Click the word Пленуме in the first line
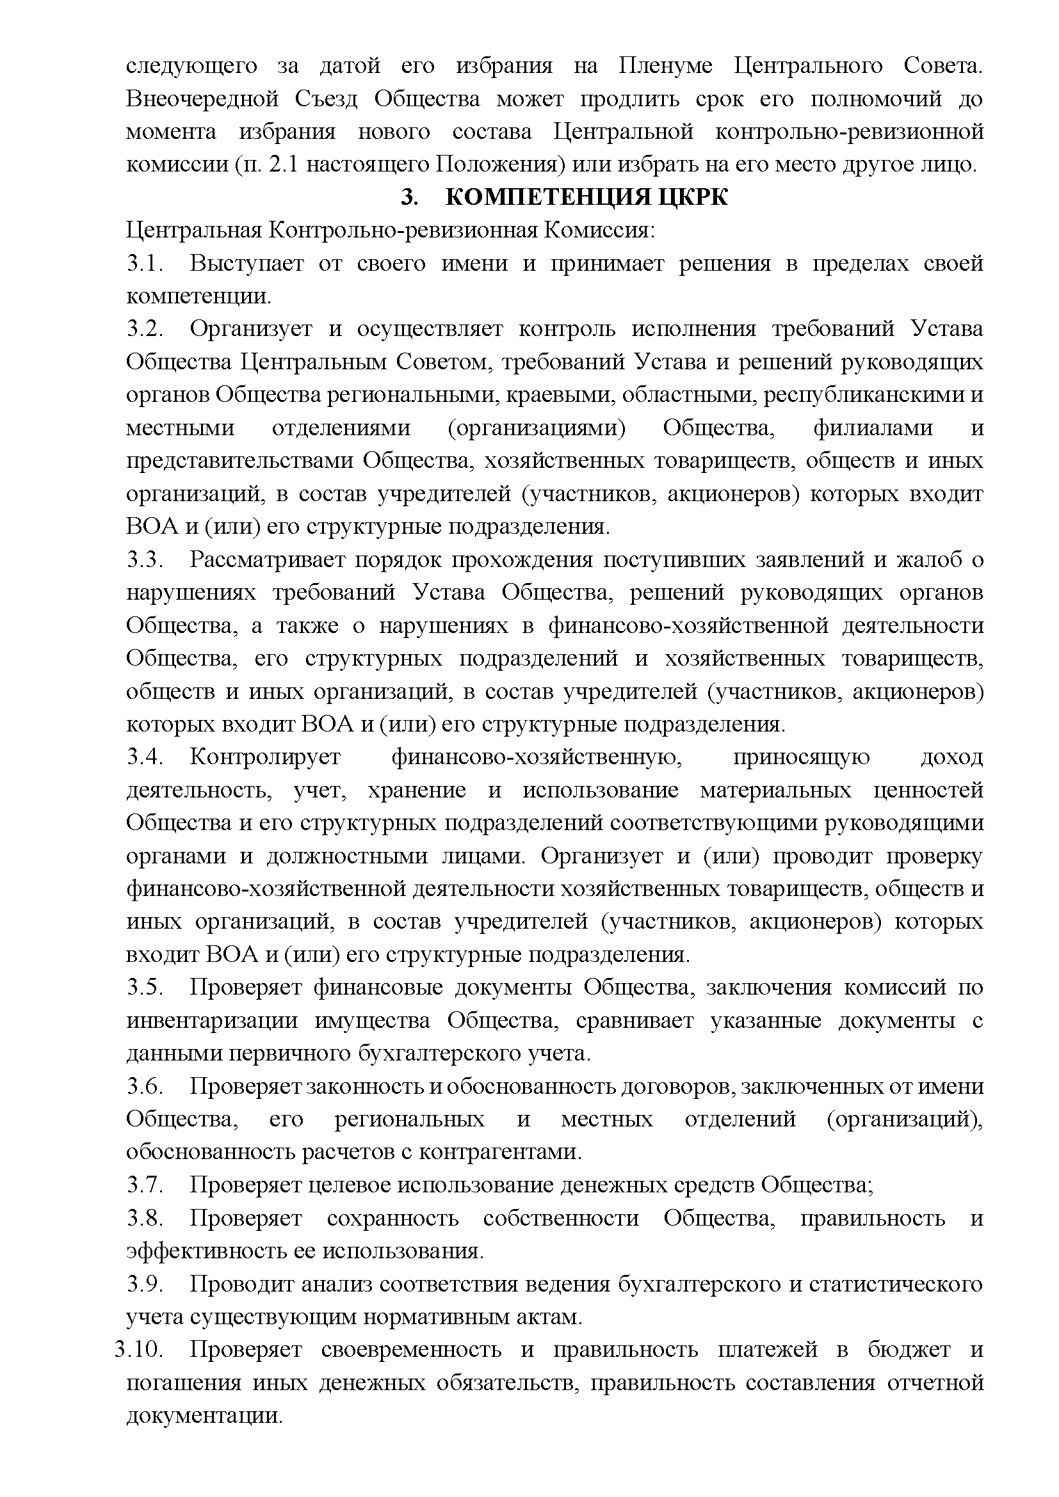pos(665,66)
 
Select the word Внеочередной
pos(202,99)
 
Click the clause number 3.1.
pos(144,264)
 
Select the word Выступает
pos(247,264)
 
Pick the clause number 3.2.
pos(144,329)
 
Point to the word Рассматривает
pos(273,559)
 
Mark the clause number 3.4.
pos(144,757)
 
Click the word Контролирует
pos(266,757)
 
